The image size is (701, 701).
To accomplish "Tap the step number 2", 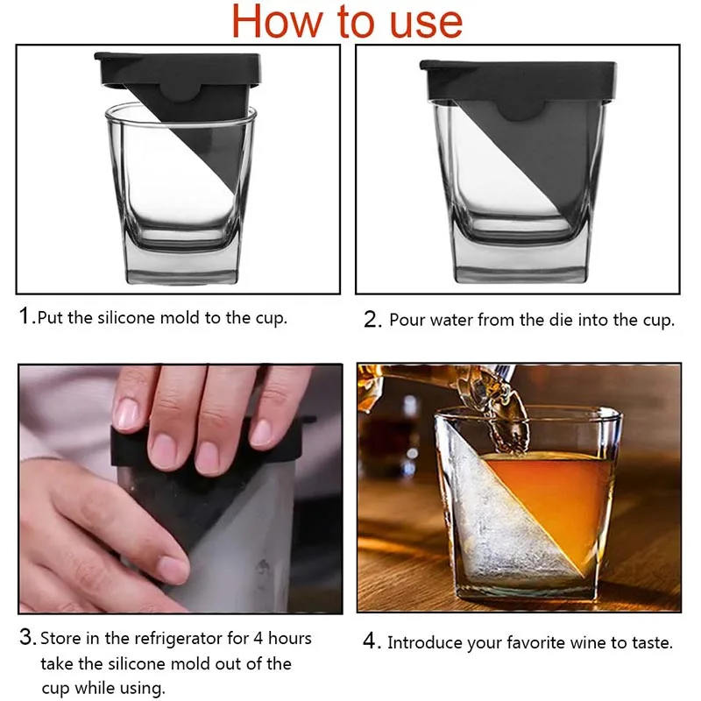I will pos(372,320).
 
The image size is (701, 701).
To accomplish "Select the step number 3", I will pos(26,638).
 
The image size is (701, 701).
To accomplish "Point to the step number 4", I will pos(371,642).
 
